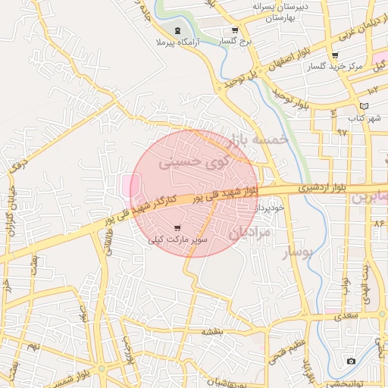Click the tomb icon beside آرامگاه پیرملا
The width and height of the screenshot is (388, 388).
[177, 31]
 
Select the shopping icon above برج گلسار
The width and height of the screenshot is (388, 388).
[235, 31]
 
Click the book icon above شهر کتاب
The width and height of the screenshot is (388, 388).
[365, 106]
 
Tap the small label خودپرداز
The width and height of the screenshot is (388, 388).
[268, 206]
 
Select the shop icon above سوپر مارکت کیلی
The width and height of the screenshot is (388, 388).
[177, 227]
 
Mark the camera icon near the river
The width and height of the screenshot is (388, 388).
[351, 361]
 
